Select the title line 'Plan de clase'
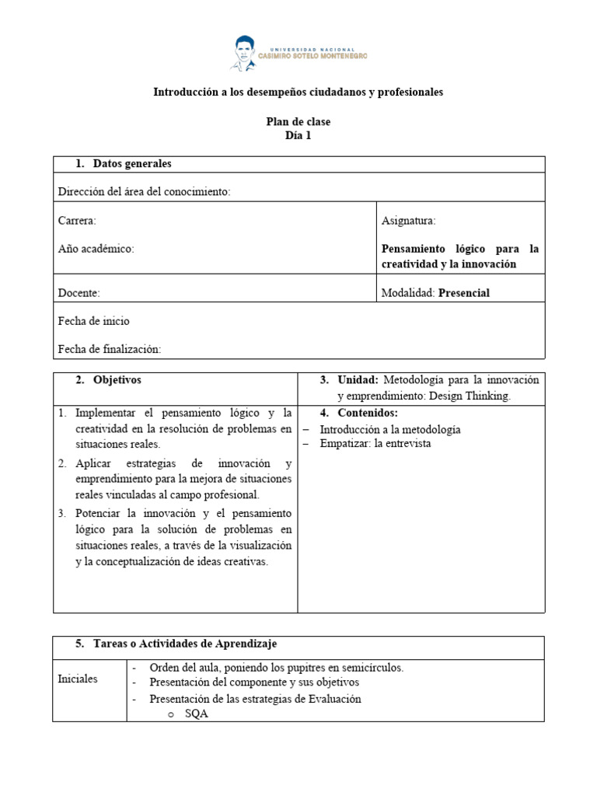pos(298,122)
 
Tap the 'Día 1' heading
pos(298,135)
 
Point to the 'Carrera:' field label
pos(77,221)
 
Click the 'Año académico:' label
pos(96,249)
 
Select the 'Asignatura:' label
pos(408,221)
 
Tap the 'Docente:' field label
pos(79,293)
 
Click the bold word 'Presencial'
pos(464,293)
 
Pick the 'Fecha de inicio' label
pos(94,321)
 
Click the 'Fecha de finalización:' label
pos(109,350)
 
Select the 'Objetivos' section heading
pos(117,380)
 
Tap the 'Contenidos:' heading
pos(367,413)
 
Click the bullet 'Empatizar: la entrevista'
pos(375,444)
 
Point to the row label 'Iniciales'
pos(78,679)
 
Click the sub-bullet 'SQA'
pos(197,714)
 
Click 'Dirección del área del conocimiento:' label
pos(144,192)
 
